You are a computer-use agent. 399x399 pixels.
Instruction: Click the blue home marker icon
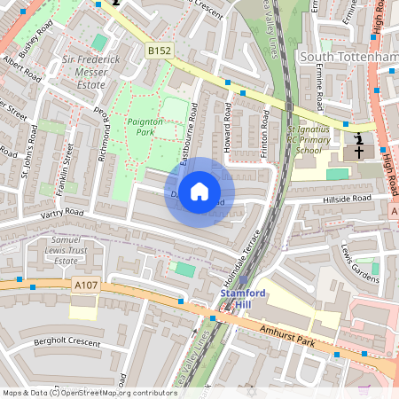coord(199,192)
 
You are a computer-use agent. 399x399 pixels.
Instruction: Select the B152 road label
coord(159,51)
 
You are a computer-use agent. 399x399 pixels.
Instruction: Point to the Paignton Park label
coord(133,125)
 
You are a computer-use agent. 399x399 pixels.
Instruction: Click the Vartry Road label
coord(61,214)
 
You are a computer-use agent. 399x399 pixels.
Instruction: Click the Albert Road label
coord(22,69)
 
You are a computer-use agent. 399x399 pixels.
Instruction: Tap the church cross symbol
coord(359,147)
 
